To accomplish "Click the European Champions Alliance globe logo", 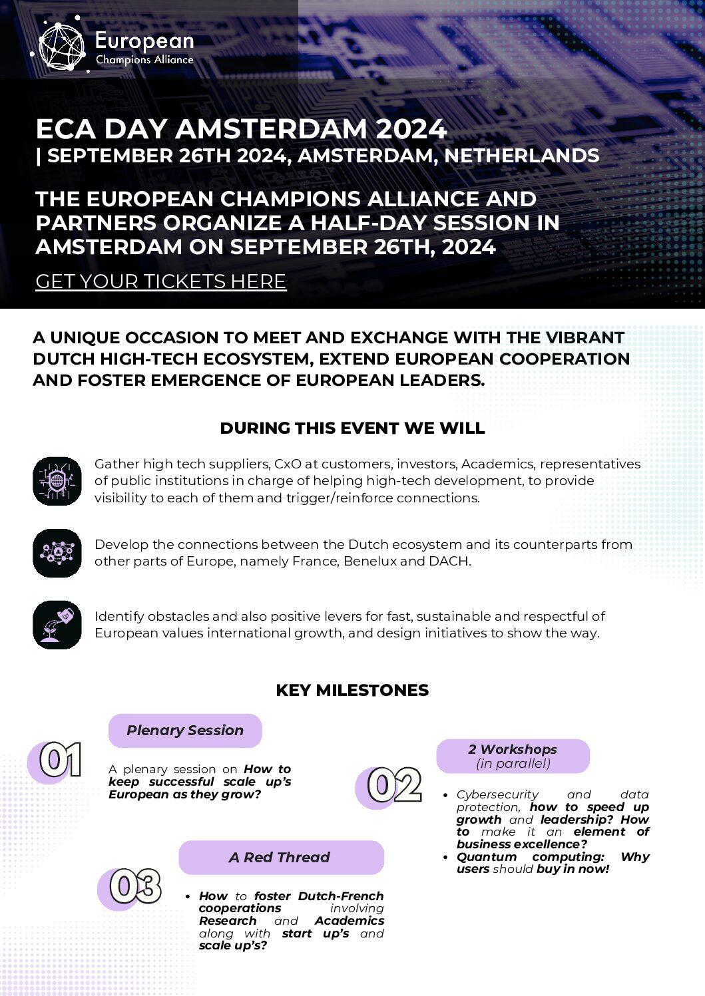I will click(62, 47).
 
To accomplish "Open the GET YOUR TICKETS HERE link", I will click(160, 281).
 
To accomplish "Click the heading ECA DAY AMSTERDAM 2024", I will click(241, 128).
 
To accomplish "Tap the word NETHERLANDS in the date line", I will click(521, 156).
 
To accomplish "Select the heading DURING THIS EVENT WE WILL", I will click(352, 428).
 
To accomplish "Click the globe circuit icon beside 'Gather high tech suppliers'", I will click(57, 480).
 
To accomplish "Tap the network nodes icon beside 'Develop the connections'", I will click(57, 552).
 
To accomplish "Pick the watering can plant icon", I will click(57, 625).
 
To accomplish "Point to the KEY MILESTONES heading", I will click(352, 690).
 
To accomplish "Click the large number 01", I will click(61, 760).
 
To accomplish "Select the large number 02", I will click(395, 786).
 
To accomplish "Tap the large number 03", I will click(135, 887).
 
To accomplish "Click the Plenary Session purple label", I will click(185, 731).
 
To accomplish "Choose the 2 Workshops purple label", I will click(513, 756).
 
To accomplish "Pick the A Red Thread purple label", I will click(281, 858).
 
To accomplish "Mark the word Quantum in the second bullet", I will click(487, 857).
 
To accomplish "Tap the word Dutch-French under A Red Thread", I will click(341, 896).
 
